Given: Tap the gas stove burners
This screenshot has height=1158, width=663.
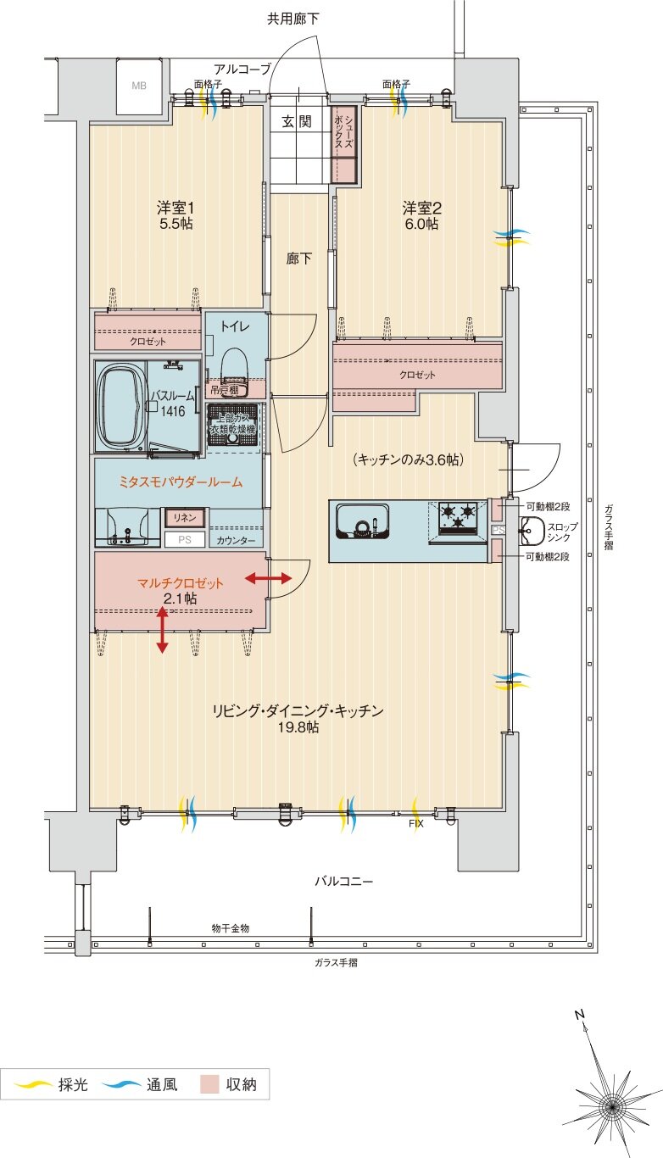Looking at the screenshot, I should [x=458, y=517].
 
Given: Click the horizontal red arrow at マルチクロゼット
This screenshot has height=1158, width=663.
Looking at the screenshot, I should [x=268, y=578].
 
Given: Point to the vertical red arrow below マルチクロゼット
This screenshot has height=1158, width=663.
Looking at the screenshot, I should [x=162, y=630].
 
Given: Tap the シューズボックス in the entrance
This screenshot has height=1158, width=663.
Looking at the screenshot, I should [x=343, y=144].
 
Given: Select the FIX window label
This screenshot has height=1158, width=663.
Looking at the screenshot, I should [x=416, y=824].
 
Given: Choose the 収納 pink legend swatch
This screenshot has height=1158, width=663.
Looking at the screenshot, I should [x=209, y=1085].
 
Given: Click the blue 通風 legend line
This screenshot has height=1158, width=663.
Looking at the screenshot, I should [x=120, y=1085].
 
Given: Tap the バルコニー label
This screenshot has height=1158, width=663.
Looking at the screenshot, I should [x=343, y=882].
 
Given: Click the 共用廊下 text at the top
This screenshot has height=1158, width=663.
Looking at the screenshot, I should [x=293, y=19].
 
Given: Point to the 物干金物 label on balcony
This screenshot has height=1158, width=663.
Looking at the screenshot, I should [x=231, y=928].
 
